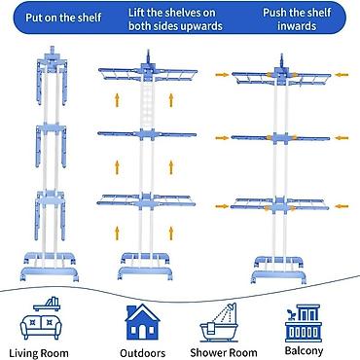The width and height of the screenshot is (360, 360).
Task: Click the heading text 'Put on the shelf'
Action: [63, 18]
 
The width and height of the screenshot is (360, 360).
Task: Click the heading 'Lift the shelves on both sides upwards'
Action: [175, 19]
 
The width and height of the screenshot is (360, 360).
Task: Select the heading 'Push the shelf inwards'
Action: [297, 19]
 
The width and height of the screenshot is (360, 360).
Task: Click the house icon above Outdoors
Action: [142, 322]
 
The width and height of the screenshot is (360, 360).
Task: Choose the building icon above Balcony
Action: [304, 323]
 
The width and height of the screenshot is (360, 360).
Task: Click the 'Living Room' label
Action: [39, 353]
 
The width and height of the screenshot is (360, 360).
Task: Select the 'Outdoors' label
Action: [143, 353]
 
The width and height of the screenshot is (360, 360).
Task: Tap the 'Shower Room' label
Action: [224, 352]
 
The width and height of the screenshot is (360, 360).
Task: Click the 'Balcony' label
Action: [304, 351]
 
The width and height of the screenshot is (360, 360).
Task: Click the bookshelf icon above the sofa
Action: [47, 304]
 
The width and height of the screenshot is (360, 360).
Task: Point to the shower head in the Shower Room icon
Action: [232, 306]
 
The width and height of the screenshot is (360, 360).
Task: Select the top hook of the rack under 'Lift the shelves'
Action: [149, 55]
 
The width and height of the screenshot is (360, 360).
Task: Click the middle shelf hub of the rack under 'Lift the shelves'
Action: [148, 134]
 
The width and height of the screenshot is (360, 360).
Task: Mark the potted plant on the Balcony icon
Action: [290, 314]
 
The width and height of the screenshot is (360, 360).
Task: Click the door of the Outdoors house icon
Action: [143, 332]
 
